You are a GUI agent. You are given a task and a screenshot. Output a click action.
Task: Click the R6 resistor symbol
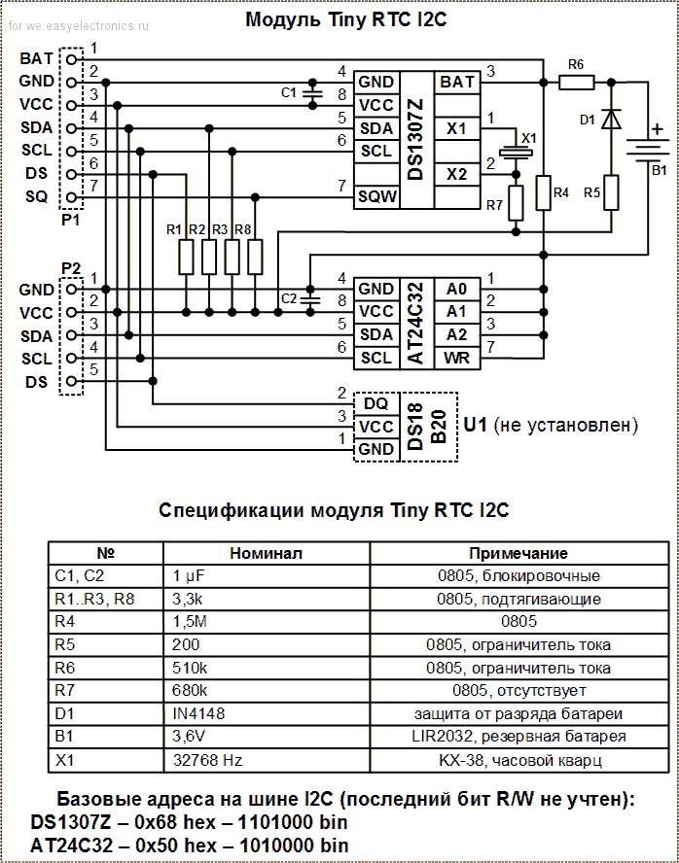[576, 83]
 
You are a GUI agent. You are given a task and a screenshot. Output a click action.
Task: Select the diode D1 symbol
[611, 119]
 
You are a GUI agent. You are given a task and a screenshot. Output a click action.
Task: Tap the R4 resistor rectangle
[543, 192]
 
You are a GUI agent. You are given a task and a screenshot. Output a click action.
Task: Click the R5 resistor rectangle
[611, 191]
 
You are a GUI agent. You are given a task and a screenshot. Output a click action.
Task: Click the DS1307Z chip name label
[415, 139]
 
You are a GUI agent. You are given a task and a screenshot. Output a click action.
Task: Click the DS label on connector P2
[36, 381]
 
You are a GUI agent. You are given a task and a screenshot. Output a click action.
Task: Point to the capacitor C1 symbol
[311, 92]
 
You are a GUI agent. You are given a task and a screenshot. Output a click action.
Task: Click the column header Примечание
[518, 552]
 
